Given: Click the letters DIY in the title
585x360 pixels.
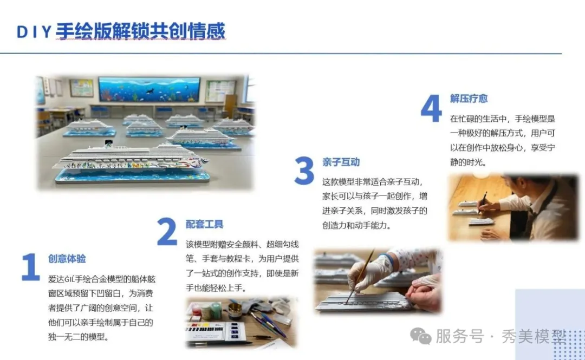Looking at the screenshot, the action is click(34, 32).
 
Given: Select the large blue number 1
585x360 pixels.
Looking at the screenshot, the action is click(30, 267).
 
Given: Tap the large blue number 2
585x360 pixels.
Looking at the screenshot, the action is click(167, 231).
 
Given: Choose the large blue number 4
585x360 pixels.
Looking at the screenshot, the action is click(431, 108).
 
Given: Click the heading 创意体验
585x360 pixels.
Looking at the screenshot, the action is click(67, 259).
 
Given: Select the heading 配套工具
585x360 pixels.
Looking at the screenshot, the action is click(204, 224).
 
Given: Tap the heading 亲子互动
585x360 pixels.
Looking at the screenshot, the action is click(341, 162).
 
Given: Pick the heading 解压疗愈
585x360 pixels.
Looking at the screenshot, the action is click(469, 99).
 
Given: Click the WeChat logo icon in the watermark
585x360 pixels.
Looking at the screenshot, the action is click(421, 336).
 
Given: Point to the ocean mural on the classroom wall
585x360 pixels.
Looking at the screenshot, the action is click(149, 89).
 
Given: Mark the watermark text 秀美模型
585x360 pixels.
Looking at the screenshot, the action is click(534, 337).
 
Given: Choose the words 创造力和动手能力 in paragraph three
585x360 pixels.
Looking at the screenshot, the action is click(354, 225).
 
